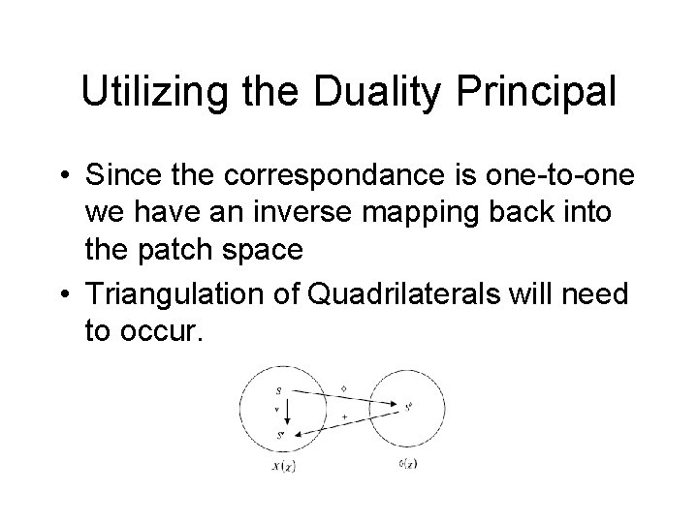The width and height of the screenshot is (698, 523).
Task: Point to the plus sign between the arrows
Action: tap(345, 416)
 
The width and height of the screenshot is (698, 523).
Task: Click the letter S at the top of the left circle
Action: tap(278, 391)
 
